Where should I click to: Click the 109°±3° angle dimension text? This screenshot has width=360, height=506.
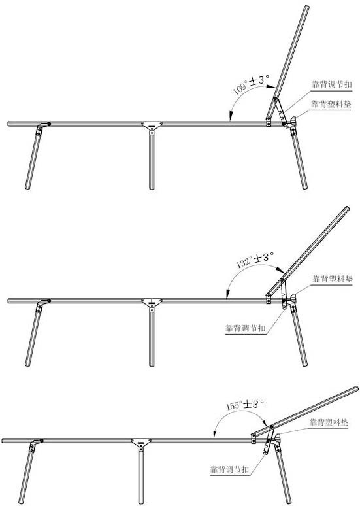[x=251, y=84]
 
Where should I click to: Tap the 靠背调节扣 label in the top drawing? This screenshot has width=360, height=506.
[x=331, y=84]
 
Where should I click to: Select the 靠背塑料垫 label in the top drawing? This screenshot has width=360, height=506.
[x=331, y=104]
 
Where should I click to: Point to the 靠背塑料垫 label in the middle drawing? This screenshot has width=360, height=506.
[x=333, y=279]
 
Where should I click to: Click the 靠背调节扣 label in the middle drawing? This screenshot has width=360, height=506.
[x=246, y=328]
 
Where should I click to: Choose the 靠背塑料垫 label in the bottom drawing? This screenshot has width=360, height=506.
[x=329, y=422]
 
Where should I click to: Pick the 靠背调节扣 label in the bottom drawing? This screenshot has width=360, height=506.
[x=230, y=469]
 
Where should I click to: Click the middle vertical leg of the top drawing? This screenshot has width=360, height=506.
[x=152, y=161]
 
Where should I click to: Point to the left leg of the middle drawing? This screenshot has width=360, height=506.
[x=33, y=337]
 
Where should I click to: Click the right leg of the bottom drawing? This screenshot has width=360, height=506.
[x=283, y=475]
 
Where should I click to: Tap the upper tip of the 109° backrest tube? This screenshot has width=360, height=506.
[x=306, y=7]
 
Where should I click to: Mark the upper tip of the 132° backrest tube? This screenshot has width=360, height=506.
[x=347, y=209]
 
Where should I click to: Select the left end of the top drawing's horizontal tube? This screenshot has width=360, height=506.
[x=8, y=124]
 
